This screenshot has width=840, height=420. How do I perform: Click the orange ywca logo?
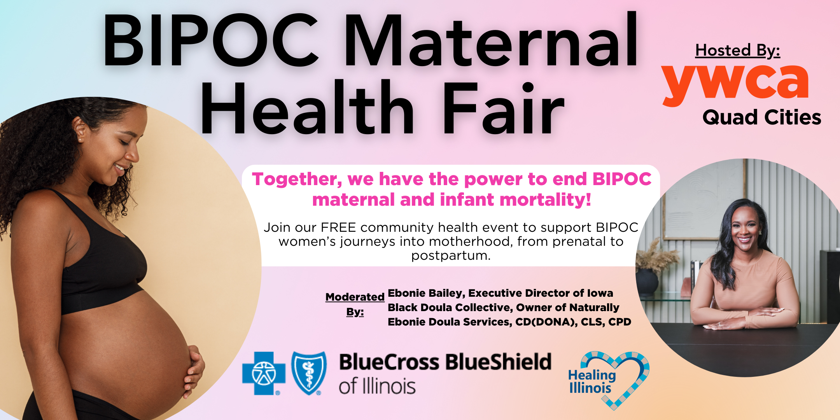tap(735, 84)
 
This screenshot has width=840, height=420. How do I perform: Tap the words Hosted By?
tap(737, 51)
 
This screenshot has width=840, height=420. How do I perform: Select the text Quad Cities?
tap(761, 117)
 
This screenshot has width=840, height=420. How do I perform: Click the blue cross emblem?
tap(264, 373)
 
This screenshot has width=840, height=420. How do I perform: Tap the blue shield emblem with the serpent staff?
tap(309, 373)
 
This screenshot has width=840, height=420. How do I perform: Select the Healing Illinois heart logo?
tap(609, 379)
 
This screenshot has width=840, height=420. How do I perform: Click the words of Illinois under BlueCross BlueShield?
tap(377, 387)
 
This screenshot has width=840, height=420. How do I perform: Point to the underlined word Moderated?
tap(355, 297)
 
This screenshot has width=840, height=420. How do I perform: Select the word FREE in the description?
tap(338, 227)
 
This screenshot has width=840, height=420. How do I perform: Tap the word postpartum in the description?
tap(451, 256)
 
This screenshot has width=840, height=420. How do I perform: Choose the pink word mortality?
tap(545, 200)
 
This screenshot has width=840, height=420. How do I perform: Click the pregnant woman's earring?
tap(80, 140)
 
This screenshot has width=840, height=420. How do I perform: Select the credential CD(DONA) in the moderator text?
tap(546, 322)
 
